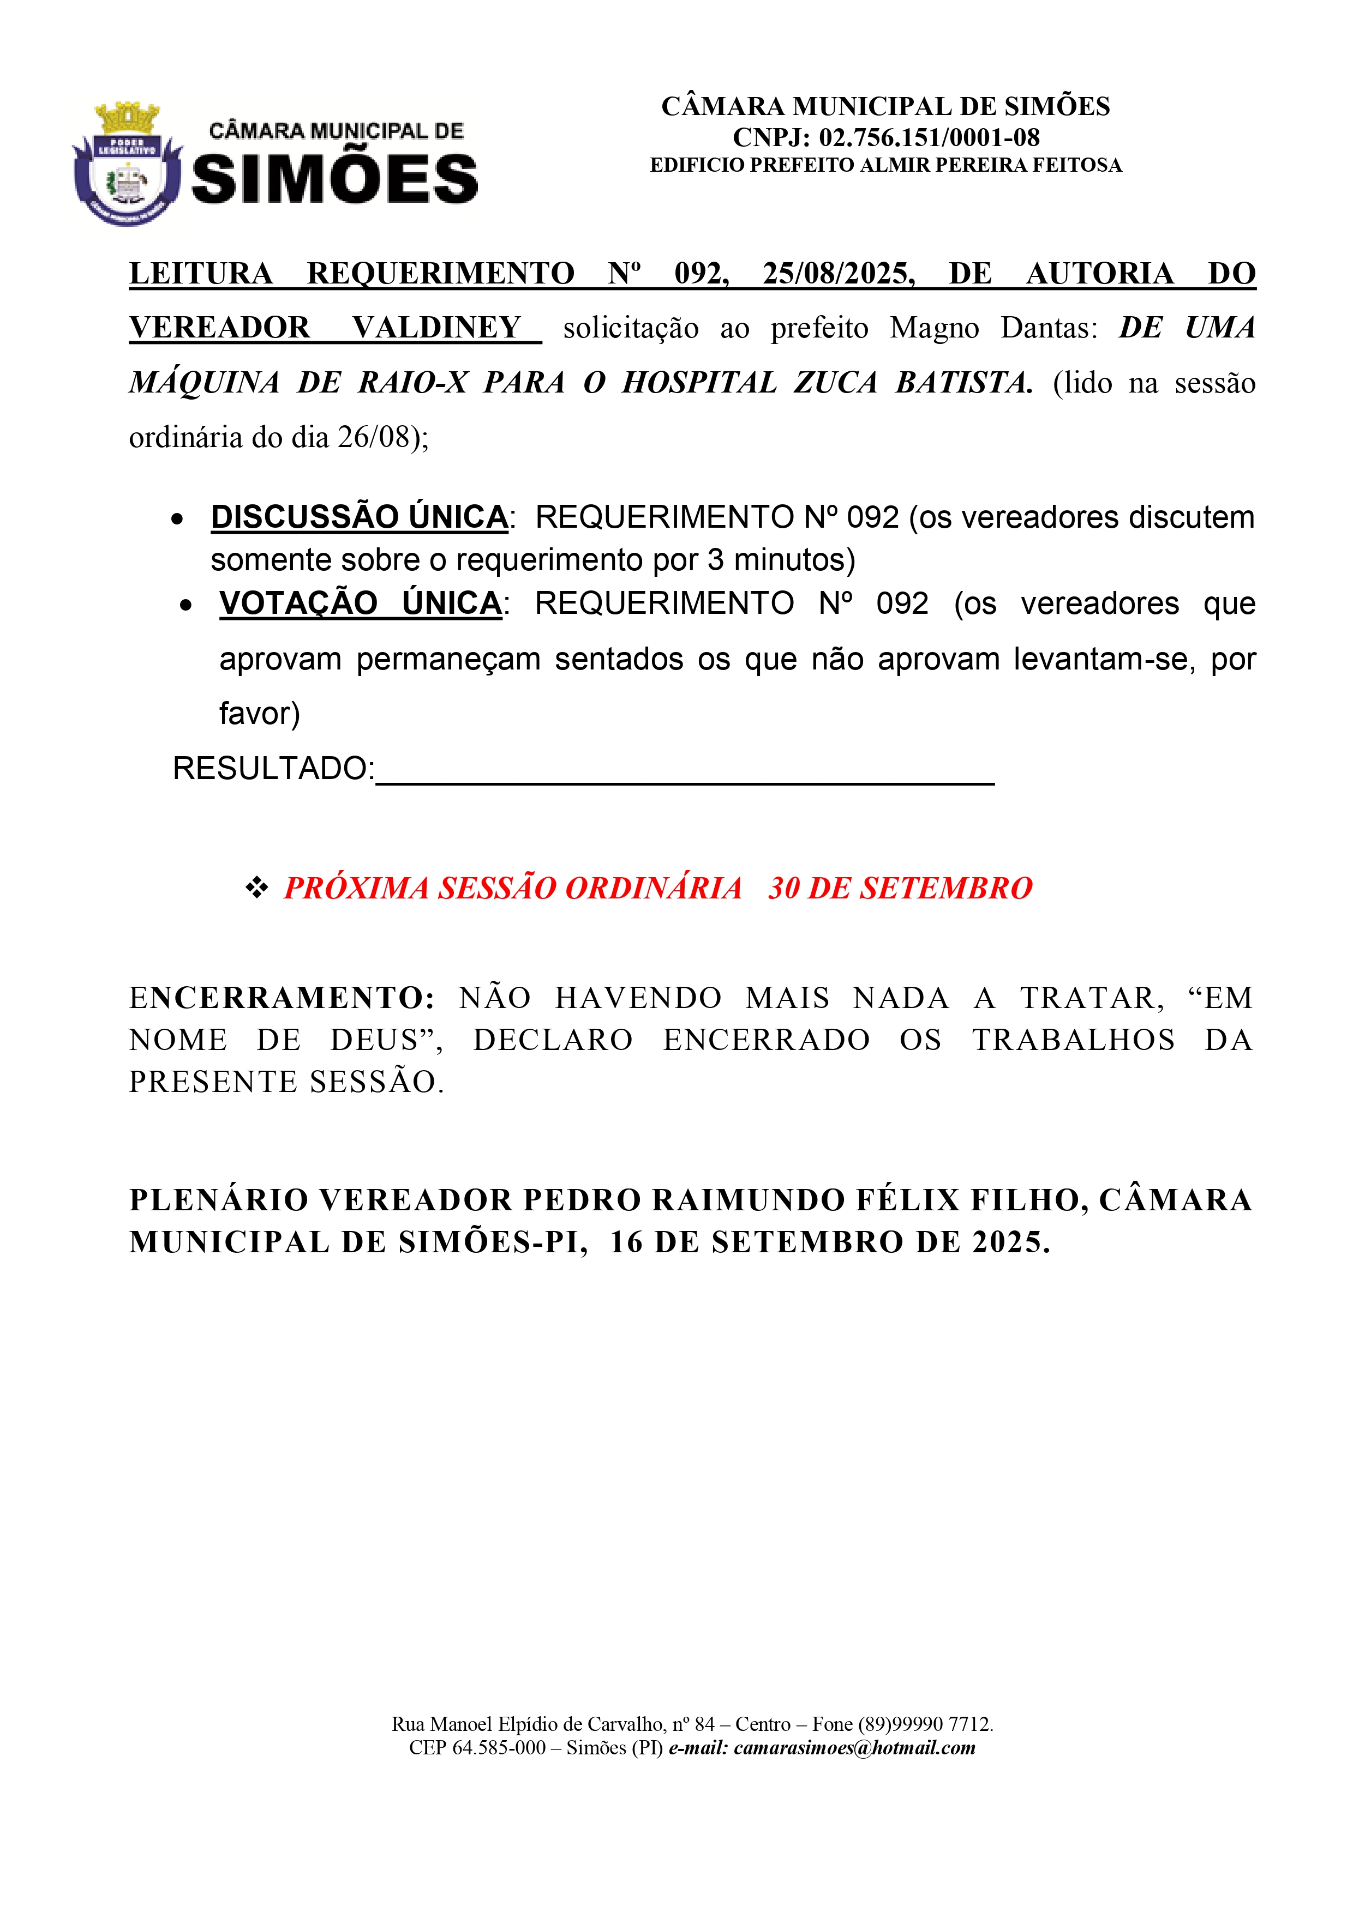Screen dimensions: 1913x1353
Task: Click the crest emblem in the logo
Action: click(127, 164)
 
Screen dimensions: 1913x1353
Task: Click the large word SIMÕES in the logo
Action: click(335, 180)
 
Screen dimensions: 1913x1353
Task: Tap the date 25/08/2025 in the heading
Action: click(838, 273)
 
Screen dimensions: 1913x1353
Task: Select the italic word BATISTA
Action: click(963, 382)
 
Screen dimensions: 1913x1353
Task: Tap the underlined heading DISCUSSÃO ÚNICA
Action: click(360, 517)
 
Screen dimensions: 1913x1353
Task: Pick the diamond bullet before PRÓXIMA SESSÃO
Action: click(256, 888)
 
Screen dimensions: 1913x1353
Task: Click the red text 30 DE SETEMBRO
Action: click(900, 888)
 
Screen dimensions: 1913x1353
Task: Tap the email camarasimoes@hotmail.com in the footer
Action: click(854, 1747)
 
